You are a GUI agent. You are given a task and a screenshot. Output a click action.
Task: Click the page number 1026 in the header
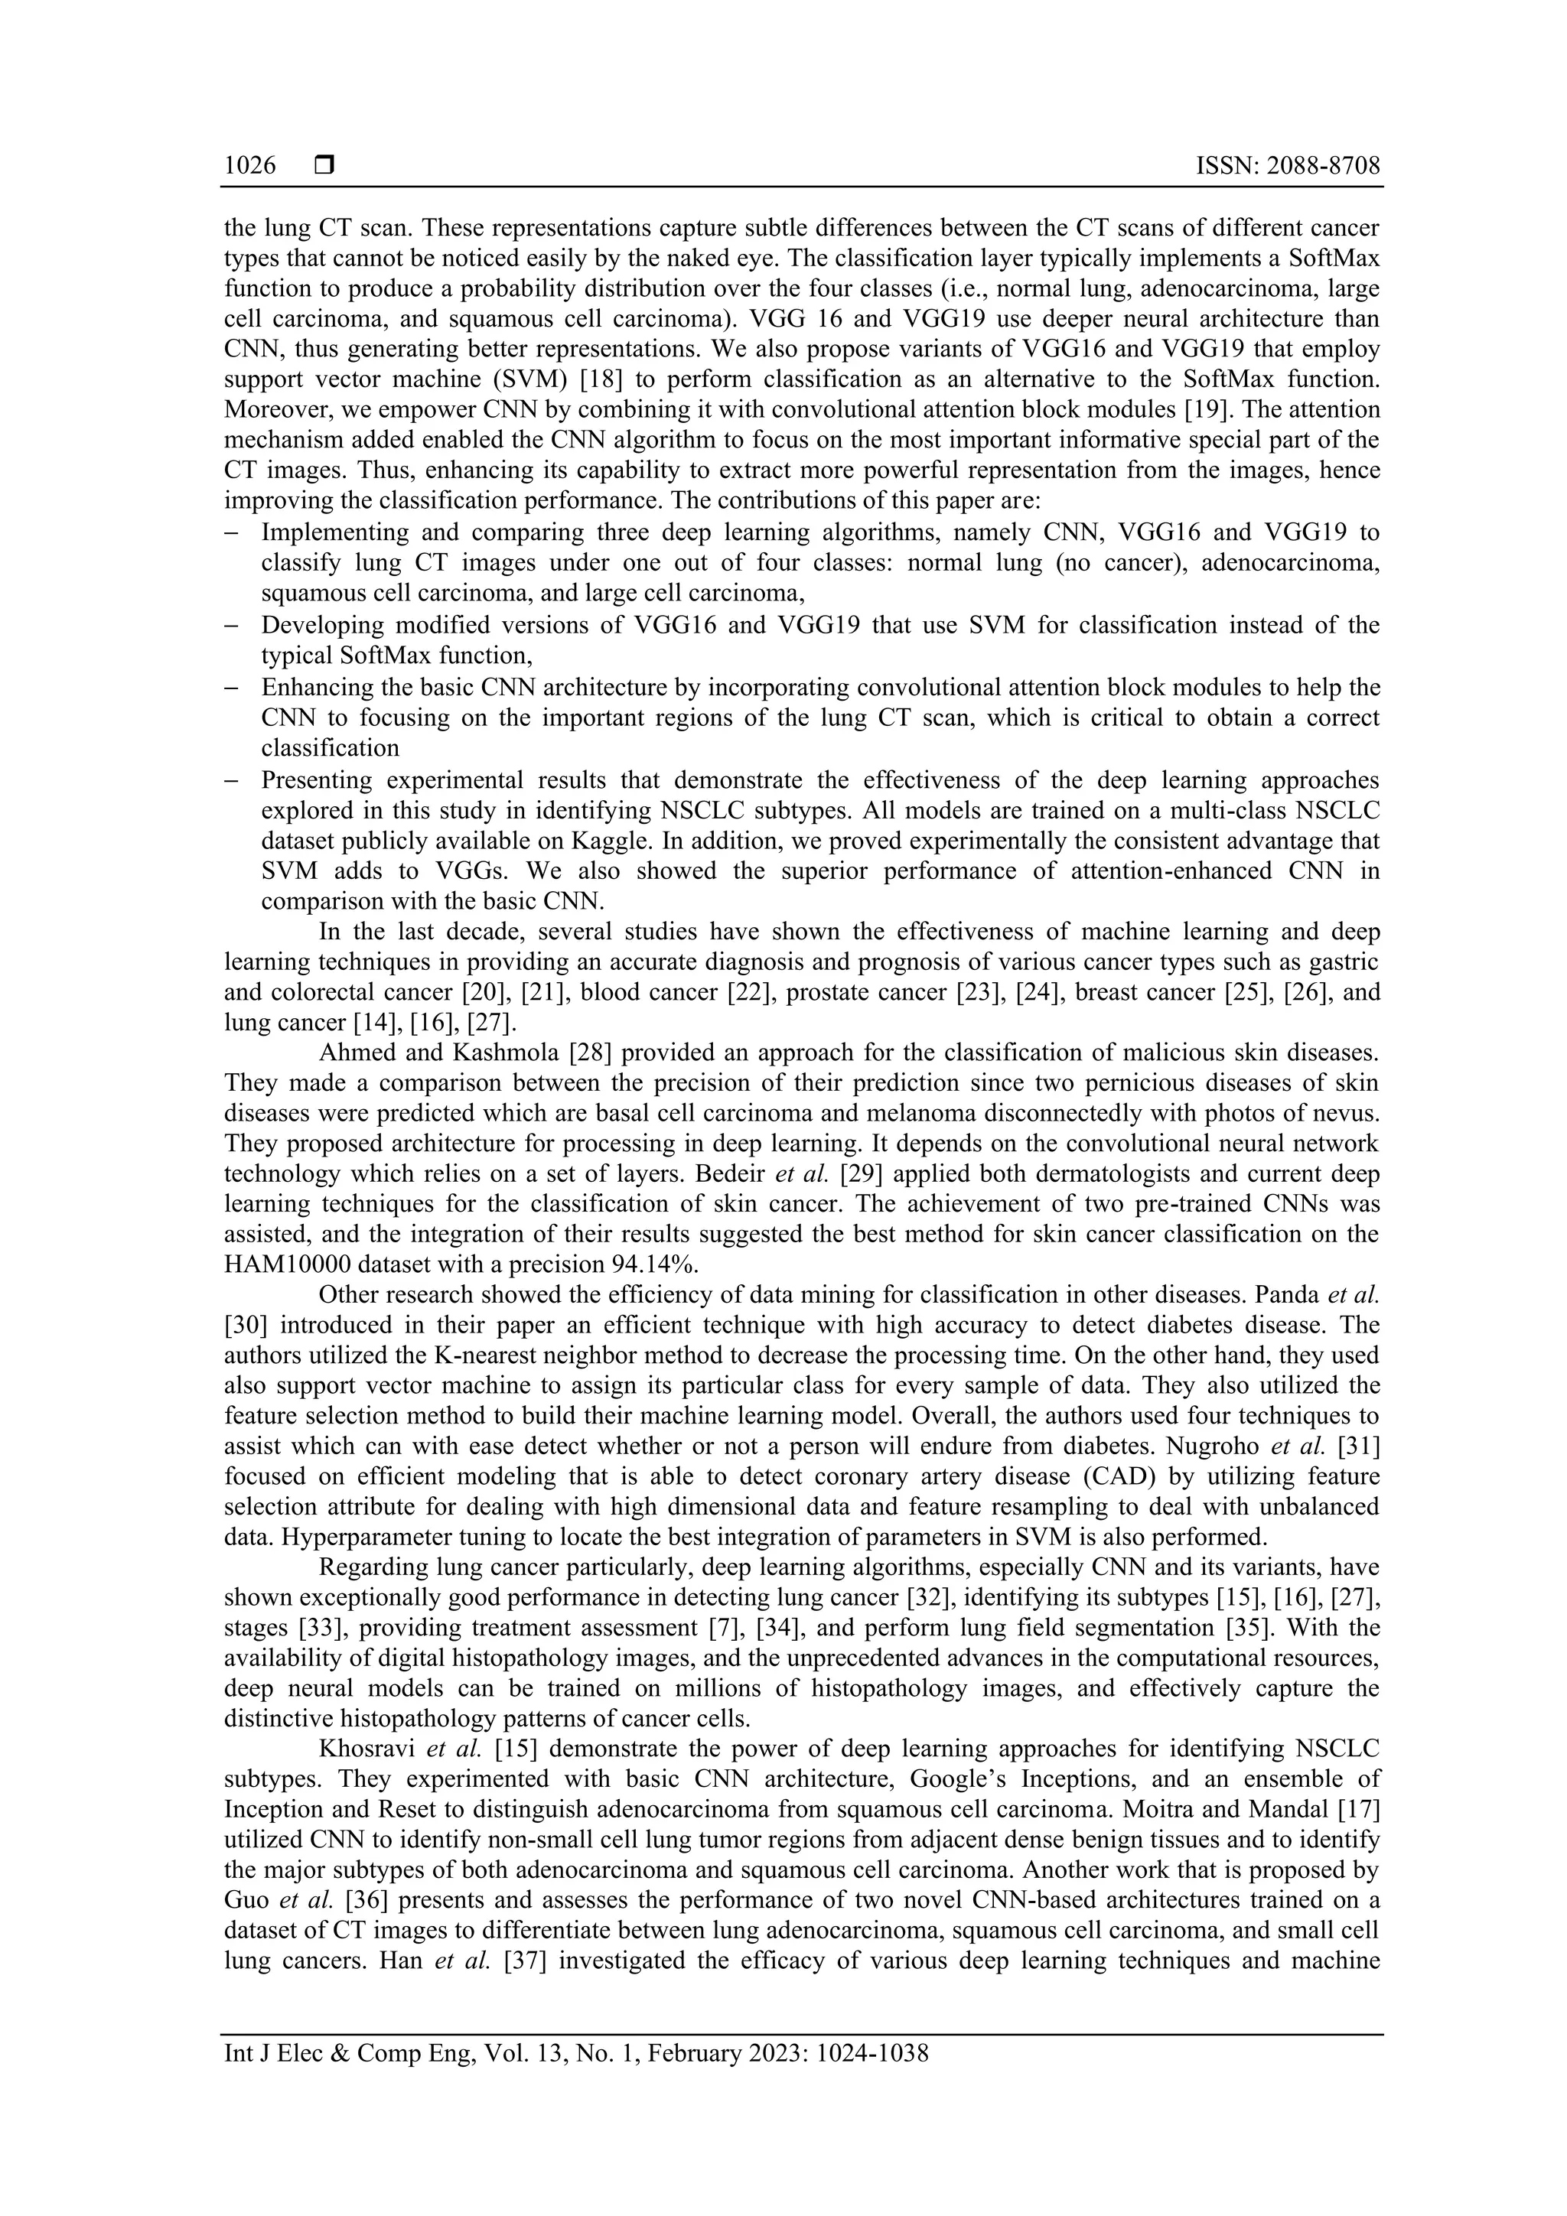pyautogui.click(x=249, y=166)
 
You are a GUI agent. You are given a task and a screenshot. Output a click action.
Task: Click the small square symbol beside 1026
pyautogui.click(x=324, y=166)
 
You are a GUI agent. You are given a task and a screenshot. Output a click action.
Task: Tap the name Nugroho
pyautogui.click(x=1210, y=1446)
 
